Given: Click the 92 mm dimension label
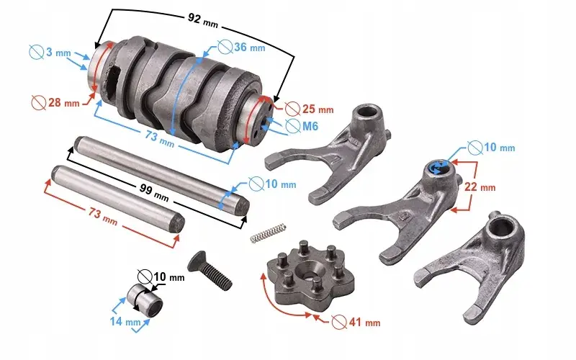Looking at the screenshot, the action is pyautogui.click(x=203, y=21).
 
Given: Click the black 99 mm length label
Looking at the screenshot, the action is pyautogui.click(x=154, y=192).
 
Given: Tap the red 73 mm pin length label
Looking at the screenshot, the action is pyautogui.click(x=103, y=217).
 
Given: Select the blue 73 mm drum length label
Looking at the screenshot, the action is pyautogui.click(x=159, y=139).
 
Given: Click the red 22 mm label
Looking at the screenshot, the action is pyautogui.click(x=480, y=186).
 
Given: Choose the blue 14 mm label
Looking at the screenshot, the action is pyautogui.click(x=125, y=321).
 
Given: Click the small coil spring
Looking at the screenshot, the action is pyautogui.click(x=268, y=233).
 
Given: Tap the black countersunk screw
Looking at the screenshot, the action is pyautogui.click(x=210, y=271).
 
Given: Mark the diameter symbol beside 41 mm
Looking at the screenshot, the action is pyautogui.click(x=339, y=322).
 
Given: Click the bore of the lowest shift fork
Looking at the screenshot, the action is pyautogui.click(x=502, y=226).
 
